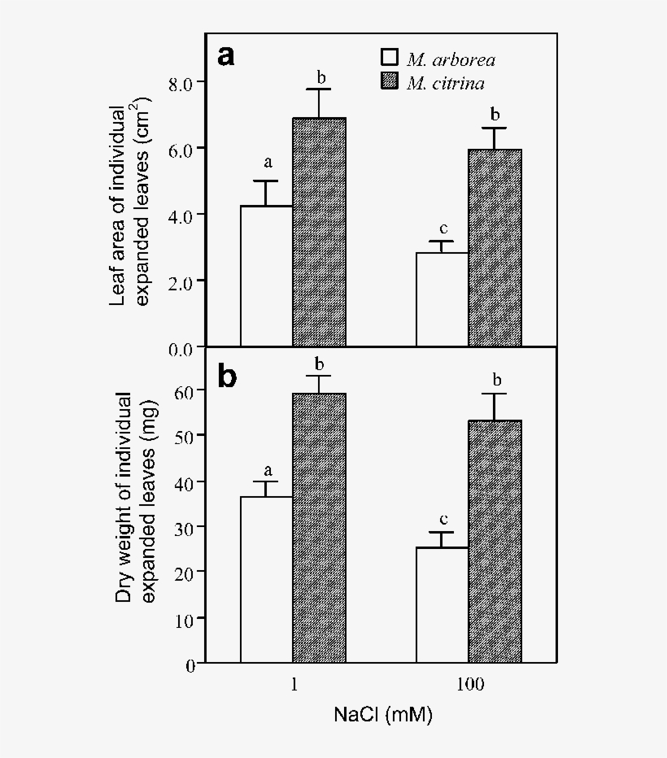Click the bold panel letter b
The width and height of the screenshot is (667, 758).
(x=227, y=377)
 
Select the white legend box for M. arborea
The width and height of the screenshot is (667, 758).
(x=390, y=58)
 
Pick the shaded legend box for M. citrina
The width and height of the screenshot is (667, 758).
(x=390, y=81)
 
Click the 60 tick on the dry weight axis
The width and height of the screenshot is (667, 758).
(x=186, y=390)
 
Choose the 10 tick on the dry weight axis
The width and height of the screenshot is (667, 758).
(x=186, y=620)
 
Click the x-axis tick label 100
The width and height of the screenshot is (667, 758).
(x=469, y=685)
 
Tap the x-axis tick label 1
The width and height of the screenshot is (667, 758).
(x=293, y=685)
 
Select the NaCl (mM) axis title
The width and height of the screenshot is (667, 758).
(x=382, y=716)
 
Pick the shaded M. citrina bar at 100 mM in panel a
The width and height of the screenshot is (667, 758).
(x=495, y=247)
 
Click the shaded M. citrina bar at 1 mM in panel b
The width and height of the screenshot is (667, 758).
(x=319, y=529)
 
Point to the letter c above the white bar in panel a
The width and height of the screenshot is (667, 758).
(x=442, y=229)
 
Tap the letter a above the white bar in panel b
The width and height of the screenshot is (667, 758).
(x=267, y=469)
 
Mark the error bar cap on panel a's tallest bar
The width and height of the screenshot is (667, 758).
(x=319, y=89)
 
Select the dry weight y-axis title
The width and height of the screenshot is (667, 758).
(x=132, y=498)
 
